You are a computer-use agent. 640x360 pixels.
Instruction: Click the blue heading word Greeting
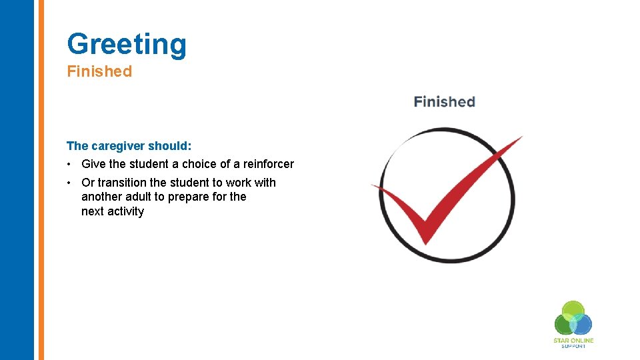127,44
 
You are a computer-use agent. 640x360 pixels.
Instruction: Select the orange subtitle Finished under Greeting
99,71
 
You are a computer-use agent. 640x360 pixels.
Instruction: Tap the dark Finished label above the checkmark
444,102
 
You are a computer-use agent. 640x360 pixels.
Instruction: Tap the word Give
93,164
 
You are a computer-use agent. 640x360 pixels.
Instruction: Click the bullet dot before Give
69,165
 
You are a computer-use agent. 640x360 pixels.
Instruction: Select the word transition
123,183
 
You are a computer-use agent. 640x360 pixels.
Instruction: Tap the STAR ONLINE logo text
573,341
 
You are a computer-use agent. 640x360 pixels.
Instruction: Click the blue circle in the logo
582,323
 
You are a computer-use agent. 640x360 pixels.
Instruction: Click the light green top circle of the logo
573,310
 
